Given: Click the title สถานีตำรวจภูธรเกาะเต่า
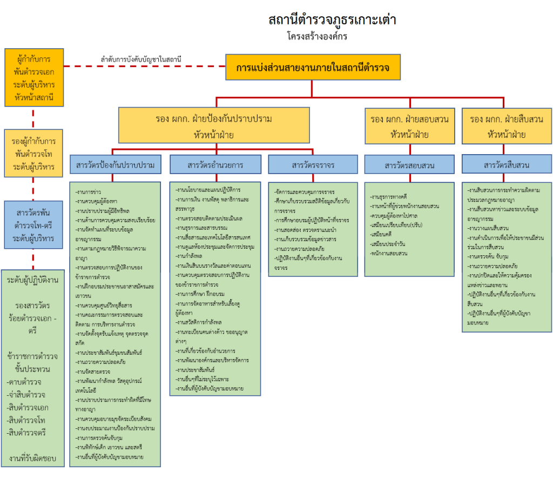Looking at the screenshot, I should pos(332,21).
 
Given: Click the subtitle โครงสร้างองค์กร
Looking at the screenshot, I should pos(317,37).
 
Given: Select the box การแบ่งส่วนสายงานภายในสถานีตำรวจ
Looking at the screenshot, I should pos(313,68).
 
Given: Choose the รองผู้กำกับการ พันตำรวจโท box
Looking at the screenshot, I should pos(33,154).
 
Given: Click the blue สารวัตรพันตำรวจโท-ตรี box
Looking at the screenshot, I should pos(33,224).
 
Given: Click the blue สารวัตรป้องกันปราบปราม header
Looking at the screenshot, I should pos(115,165).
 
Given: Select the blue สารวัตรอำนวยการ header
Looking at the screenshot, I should pos(215,165).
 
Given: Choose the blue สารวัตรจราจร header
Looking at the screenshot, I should pos(313,165).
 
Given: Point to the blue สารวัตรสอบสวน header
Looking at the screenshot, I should pos(409,165).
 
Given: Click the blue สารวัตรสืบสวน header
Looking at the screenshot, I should pos(507,165).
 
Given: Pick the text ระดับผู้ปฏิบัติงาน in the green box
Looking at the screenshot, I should pos(33,280).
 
